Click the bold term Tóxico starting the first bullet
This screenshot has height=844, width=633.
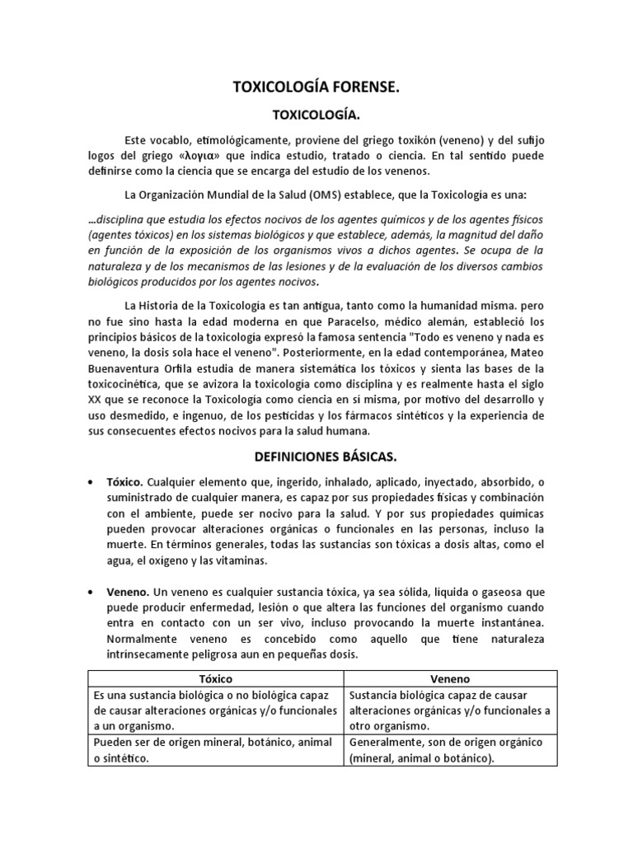pos(126,482)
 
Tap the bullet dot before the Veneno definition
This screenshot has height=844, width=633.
pos(91,593)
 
